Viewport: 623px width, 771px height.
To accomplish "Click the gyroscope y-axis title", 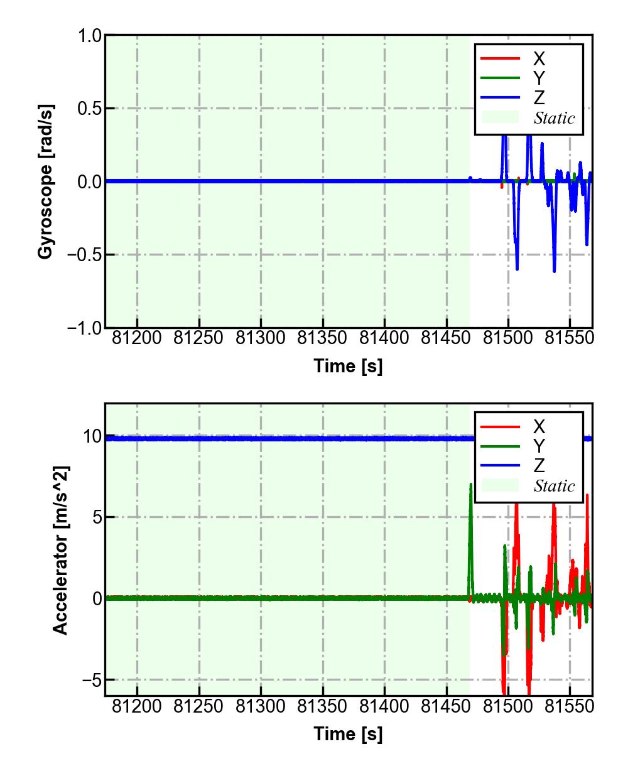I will coord(45,182).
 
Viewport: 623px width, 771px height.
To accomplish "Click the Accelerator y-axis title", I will coord(60,550).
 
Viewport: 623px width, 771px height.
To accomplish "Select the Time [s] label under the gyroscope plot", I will coord(348,365).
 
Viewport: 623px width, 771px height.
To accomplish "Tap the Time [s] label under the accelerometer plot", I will coord(348,733).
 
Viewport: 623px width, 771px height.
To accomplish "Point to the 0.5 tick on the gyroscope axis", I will coord(90,109).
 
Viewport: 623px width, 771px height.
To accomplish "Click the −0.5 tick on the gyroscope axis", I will coord(85,255).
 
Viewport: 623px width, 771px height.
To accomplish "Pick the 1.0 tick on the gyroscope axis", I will coord(90,36).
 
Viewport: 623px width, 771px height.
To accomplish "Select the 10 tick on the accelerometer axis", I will coord(92,436).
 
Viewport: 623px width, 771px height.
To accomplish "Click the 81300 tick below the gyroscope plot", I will coord(261,338).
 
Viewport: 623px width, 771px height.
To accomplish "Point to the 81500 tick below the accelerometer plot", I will coord(508,706).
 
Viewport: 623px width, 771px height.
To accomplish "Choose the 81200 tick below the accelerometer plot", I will coord(137,706).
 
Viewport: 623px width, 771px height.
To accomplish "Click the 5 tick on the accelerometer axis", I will coord(95,517).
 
